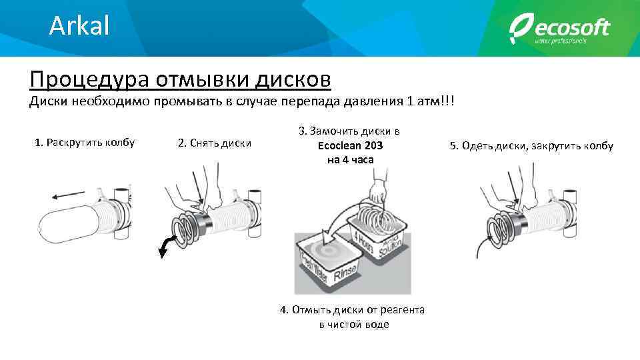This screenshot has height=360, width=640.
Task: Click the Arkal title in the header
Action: point(79,26)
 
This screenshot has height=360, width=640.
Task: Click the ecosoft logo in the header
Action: point(559,30)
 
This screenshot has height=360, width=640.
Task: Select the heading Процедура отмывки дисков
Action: point(180,79)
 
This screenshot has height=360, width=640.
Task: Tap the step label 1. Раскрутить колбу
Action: point(85,142)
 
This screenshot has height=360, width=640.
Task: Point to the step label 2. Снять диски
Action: point(215,143)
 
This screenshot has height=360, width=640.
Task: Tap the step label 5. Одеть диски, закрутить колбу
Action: point(531,146)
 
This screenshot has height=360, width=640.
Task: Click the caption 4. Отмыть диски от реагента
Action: point(353,309)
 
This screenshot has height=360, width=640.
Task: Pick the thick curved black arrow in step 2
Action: point(165,245)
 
